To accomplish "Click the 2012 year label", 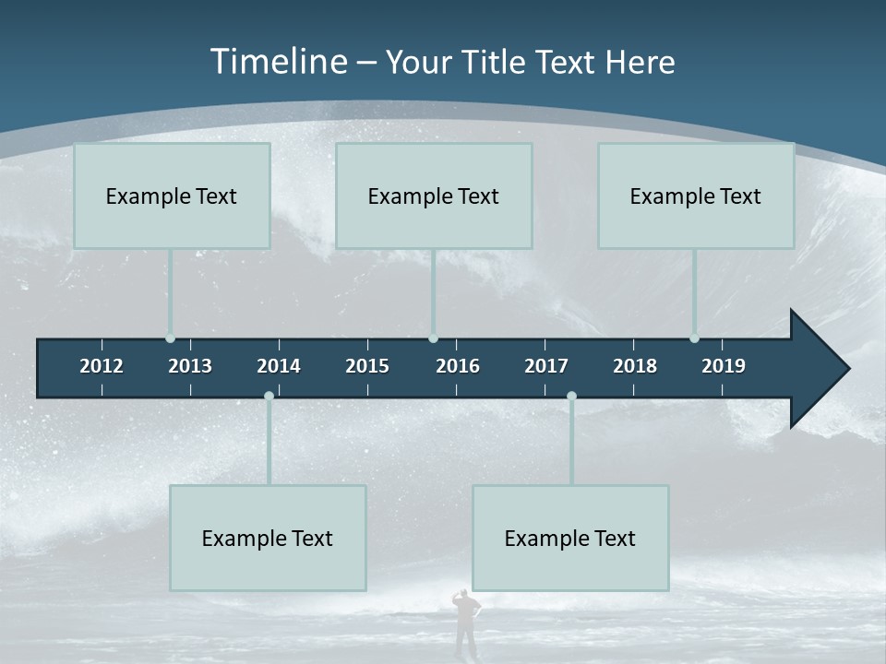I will point(102,366).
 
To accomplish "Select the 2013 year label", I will point(190,366).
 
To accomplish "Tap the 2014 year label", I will point(279,366).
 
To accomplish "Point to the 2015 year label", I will point(367,366).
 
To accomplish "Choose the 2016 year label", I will point(458,366).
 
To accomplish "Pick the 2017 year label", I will point(546,366).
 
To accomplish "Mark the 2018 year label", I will point(635,366).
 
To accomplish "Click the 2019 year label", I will point(724,366).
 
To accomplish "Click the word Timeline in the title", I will point(279,62).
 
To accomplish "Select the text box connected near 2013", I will point(172,196).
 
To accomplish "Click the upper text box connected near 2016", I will point(434,196).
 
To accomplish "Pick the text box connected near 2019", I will point(696,196).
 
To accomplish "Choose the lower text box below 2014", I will point(268,538).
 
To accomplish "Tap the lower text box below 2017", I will point(570,538).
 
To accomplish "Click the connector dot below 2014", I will point(269,397).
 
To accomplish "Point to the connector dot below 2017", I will point(571,397).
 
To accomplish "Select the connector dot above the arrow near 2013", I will point(170,338).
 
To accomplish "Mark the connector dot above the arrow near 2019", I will point(694,338).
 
